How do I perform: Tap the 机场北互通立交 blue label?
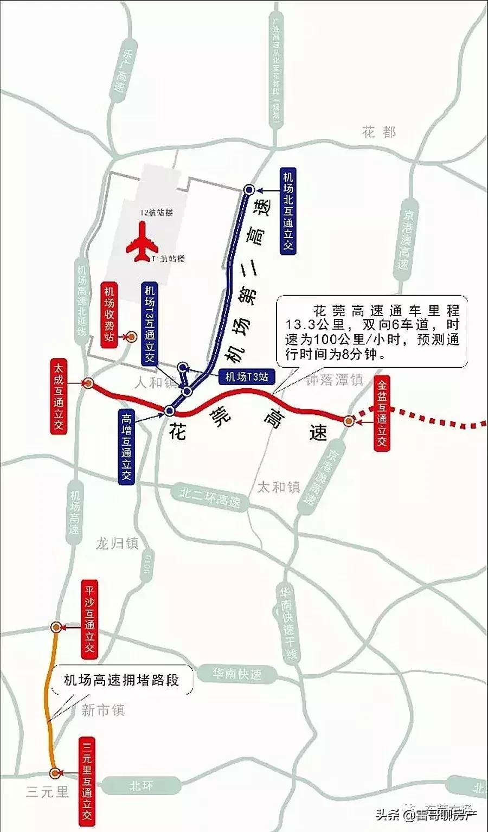click(x=288, y=210)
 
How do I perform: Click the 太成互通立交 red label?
click(x=58, y=395)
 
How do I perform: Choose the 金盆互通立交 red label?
click(x=382, y=415)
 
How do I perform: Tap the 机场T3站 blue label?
click(x=247, y=376)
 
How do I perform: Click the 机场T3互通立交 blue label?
click(x=149, y=323)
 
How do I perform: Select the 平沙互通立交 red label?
click(x=89, y=618)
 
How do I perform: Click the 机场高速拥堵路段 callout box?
click(x=121, y=680)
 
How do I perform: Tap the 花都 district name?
click(x=380, y=132)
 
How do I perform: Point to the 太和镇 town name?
click(x=278, y=487)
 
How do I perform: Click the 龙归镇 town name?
click(x=117, y=543)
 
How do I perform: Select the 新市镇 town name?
click(x=103, y=710)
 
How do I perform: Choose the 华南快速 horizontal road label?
click(x=236, y=674)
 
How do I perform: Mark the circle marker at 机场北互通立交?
click(x=249, y=189)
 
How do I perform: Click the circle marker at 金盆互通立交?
click(x=349, y=420)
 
